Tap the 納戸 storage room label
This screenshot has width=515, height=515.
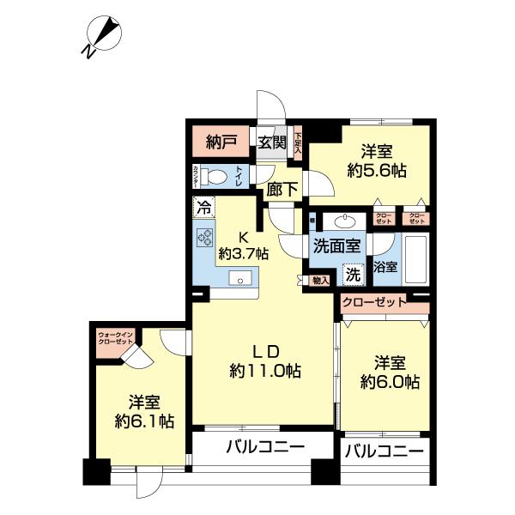pos(221,142)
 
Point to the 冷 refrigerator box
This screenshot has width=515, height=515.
pos(203,207)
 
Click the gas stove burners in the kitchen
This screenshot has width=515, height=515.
pos(205,239)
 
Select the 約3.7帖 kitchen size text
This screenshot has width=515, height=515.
pos(244,254)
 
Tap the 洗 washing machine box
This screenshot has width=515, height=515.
pos(352,275)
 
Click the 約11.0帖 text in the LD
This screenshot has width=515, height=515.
pos(264,372)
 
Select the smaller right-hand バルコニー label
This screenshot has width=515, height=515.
pos(384,451)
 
